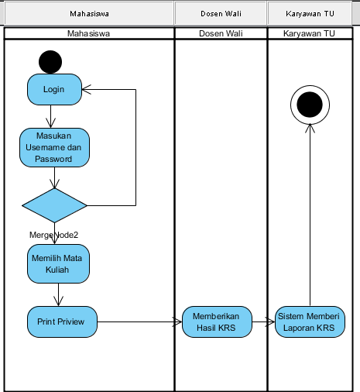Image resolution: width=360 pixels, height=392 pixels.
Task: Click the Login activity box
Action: (x=54, y=89)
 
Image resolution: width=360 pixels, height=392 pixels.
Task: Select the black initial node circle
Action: (x=50, y=61)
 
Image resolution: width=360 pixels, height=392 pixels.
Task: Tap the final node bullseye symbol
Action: (x=310, y=104)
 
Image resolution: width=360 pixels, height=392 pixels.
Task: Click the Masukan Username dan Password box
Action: (x=54, y=147)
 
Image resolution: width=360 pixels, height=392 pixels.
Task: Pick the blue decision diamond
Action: (x=54, y=205)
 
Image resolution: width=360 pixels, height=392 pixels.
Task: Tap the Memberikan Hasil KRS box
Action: (x=217, y=322)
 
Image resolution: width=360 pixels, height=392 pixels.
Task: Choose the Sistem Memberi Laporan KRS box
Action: (x=310, y=322)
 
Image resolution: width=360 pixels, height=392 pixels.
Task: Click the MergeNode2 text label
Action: (x=53, y=235)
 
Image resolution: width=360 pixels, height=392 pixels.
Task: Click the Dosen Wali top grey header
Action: (x=220, y=14)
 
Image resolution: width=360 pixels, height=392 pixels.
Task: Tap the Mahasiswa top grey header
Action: (x=89, y=14)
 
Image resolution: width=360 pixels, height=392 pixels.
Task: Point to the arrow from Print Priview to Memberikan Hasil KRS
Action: (x=139, y=322)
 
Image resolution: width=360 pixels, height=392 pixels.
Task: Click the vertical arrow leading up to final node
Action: (x=310, y=217)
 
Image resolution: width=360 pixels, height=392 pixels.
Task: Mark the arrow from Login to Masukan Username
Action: (x=50, y=116)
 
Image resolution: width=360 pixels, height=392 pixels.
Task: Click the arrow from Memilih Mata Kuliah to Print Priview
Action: (x=58, y=294)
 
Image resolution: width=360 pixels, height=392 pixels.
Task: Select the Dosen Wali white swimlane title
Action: (x=220, y=34)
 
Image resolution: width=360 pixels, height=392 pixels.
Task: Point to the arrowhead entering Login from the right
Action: (x=87, y=89)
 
